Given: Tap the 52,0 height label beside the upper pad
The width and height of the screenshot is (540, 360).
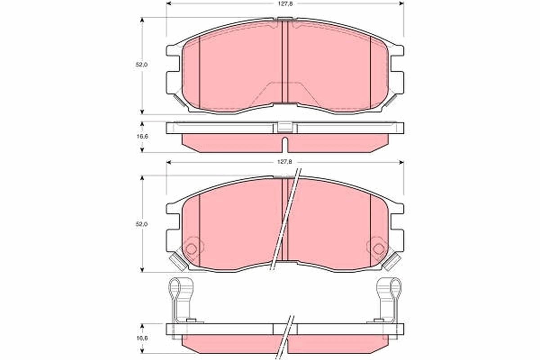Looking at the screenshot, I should [142, 65].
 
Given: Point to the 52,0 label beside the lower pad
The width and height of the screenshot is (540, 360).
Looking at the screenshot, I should [142, 224].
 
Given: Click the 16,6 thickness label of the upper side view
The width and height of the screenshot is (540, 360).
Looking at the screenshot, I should [142, 136].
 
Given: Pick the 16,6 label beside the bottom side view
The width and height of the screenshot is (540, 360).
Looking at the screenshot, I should [142, 337].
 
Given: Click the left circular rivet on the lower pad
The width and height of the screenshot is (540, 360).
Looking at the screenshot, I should [191, 248].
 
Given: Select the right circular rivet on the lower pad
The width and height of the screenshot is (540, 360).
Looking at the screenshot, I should [378, 248].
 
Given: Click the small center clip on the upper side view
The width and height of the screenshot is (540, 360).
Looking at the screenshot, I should [285, 127].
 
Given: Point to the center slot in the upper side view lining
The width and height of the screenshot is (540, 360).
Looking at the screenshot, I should [285, 145].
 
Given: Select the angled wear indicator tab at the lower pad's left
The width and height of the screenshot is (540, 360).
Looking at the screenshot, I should [178, 261].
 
